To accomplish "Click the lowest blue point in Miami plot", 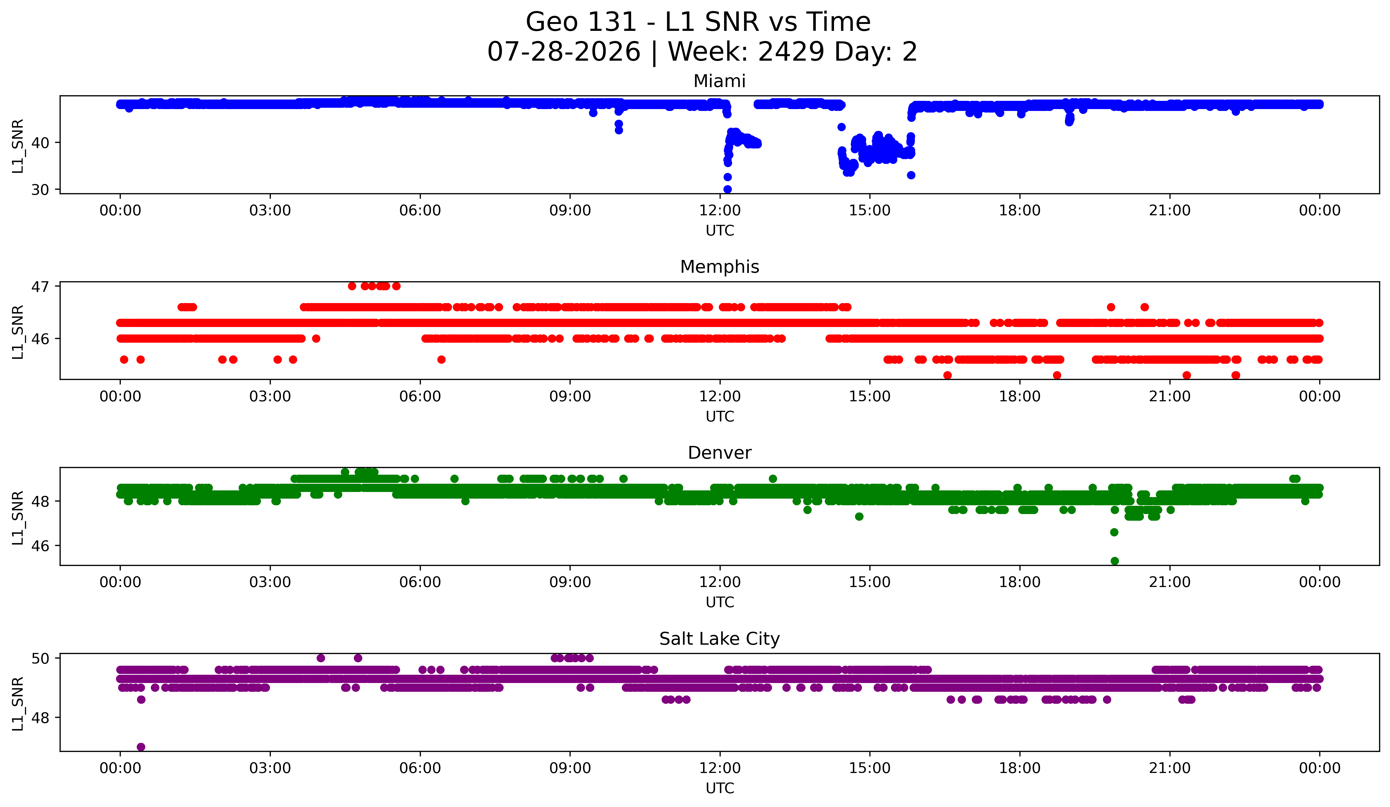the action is (x=728, y=189).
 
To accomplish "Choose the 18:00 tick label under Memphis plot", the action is (x=1019, y=397).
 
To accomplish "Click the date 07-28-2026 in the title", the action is (x=564, y=52).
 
